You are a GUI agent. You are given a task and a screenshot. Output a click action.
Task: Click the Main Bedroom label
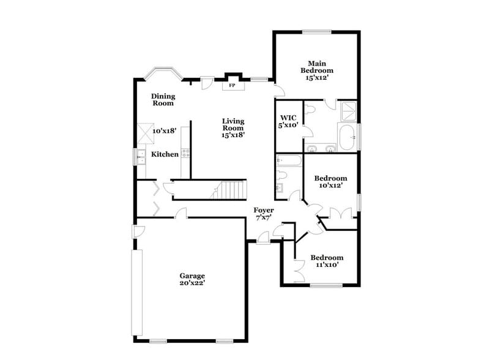(x=316, y=70)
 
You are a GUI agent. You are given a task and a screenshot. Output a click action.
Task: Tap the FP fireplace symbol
(x=232, y=85)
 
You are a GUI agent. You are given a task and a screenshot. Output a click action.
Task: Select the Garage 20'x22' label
(x=192, y=279)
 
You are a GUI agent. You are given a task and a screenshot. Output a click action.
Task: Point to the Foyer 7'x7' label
(x=264, y=214)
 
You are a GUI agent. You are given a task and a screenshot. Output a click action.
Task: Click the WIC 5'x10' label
(x=289, y=121)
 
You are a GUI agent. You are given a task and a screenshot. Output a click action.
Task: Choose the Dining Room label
(x=163, y=100)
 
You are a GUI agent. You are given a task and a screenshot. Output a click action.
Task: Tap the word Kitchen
(x=165, y=154)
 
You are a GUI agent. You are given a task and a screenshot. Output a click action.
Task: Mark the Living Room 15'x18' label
(x=233, y=128)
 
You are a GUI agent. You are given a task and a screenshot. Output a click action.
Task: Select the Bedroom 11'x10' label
(x=326, y=261)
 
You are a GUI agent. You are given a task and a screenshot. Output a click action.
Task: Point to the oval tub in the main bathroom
(x=347, y=138)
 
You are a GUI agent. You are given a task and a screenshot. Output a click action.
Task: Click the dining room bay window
(x=162, y=74)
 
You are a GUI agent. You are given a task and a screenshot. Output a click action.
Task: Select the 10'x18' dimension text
(x=164, y=131)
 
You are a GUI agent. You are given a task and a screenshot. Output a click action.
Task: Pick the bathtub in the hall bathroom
(x=289, y=161)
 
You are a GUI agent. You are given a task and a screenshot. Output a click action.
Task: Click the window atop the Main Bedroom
(x=316, y=31)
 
